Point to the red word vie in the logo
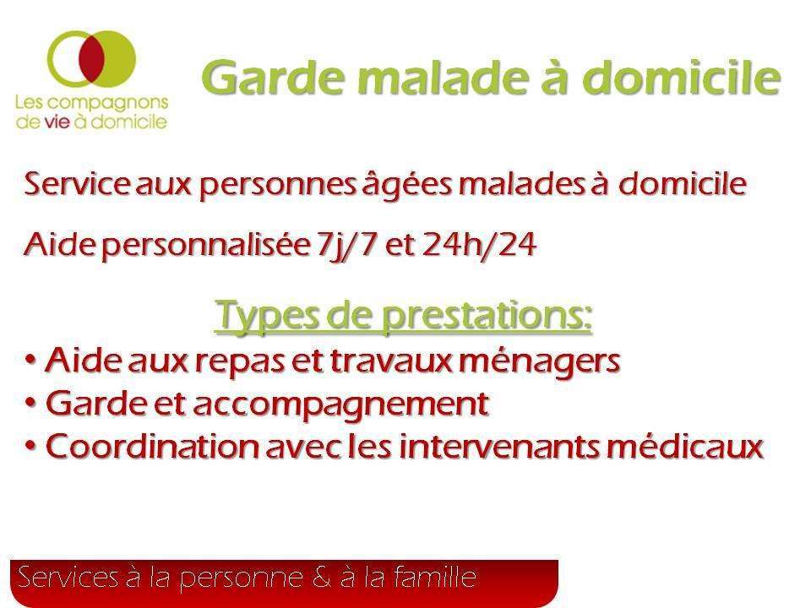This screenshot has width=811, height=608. point(57,122)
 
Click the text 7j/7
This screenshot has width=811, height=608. point(345,245)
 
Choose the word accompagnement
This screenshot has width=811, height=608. point(341,404)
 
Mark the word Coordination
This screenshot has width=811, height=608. point(152,446)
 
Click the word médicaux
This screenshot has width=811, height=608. point(685,446)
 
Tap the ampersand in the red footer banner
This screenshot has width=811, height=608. point(321,578)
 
